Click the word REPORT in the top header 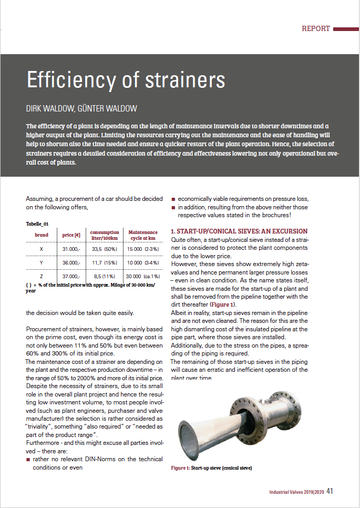coord(316,29)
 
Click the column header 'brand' coord(42,235)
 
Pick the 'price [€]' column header coord(71,235)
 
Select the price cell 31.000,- coord(71,249)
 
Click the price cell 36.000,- coord(71,262)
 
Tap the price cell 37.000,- coord(71,276)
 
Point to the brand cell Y coord(42,262)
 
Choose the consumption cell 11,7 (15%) coord(104,262)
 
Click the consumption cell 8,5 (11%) coord(104,276)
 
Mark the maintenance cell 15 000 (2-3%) coord(143,249)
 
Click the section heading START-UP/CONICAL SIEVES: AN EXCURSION coord(239,231)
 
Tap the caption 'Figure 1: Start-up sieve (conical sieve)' coord(212,468)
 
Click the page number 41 coord(330,492)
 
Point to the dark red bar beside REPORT coord(346,29)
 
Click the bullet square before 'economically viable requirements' coord(173,199)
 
